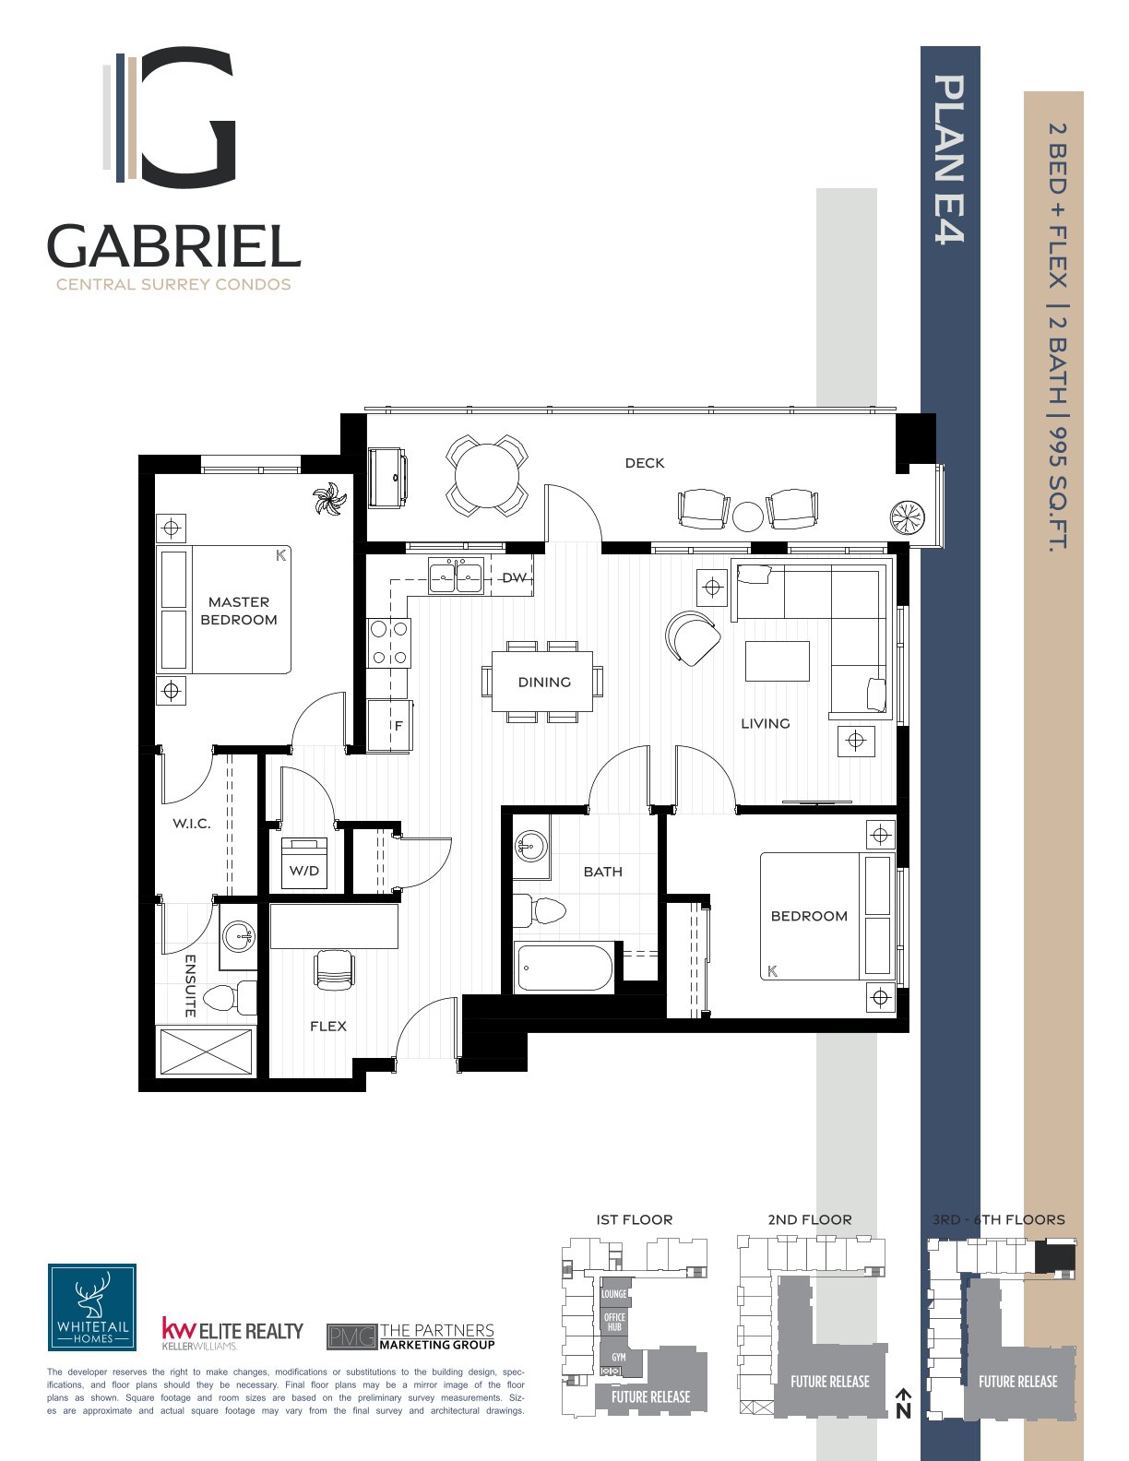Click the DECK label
pos(644,463)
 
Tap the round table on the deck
pos(487,475)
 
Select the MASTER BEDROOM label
pos(239,611)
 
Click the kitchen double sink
pos(457,576)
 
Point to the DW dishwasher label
pos(515,577)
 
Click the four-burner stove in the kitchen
pos(388,643)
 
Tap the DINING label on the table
pos(544,682)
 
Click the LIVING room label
pos(766,723)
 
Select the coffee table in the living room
pos(778,661)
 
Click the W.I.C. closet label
pos(192,824)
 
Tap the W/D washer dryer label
pos(304,871)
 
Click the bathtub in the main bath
pos(564,968)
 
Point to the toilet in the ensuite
pos(230,998)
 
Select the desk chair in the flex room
pos(334,970)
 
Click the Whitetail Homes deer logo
pos(92,1307)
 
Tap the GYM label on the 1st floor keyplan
pos(619,1357)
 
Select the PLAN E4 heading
pos(949,159)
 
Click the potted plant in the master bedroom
pos(329,500)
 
